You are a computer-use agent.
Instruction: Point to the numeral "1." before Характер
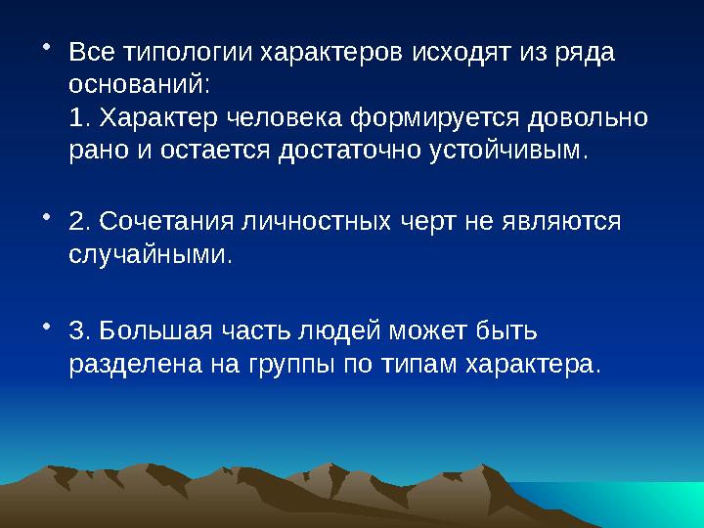(x=81, y=118)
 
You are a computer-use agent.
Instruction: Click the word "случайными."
(x=152, y=256)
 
